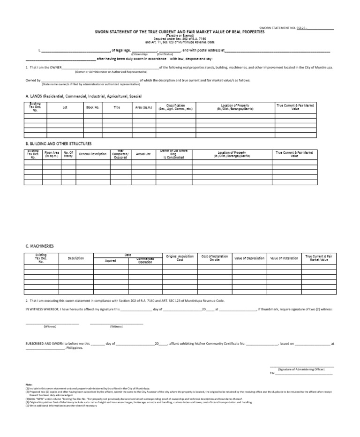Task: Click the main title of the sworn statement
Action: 180,32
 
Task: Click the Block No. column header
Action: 93,107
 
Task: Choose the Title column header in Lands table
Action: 117,107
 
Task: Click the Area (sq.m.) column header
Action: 145,107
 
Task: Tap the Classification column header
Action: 175,107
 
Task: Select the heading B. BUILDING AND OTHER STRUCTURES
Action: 59,143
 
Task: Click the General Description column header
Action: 93,154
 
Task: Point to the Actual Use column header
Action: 143,154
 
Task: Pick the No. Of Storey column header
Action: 68,154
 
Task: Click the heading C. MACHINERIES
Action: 40,246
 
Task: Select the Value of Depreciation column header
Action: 249,258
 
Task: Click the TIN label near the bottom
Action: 272,373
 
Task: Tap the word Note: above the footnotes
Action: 29,385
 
